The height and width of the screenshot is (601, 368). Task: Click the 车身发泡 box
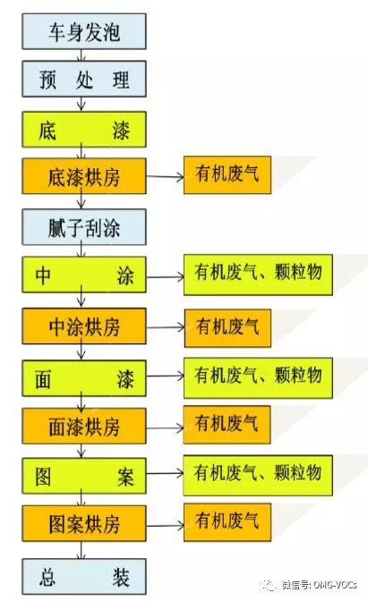[84, 31]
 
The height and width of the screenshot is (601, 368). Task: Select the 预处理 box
[84, 79]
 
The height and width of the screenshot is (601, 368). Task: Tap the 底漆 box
[84, 130]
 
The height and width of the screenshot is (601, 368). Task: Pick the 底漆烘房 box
[84, 176]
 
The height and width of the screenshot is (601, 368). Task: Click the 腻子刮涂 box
[84, 227]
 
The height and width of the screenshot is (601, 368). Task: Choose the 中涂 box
[84, 275]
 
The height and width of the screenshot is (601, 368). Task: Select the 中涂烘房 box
[84, 326]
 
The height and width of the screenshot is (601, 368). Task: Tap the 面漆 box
[84, 378]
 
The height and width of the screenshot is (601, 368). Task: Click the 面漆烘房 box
[84, 426]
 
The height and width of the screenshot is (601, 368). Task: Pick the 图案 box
[84, 476]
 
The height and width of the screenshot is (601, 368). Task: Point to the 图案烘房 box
[84, 523]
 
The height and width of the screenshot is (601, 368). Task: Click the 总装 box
[84, 577]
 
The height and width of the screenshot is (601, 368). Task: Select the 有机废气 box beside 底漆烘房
[227, 174]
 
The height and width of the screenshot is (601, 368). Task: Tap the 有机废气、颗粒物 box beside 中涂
[258, 275]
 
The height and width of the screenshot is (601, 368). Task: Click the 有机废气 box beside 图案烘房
[227, 522]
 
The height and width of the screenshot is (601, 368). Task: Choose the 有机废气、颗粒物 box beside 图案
[258, 475]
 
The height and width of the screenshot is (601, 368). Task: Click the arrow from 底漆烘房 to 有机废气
[165, 177]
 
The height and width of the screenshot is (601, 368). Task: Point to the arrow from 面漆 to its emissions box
[165, 376]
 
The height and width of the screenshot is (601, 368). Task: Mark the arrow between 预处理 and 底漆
[81, 105]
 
